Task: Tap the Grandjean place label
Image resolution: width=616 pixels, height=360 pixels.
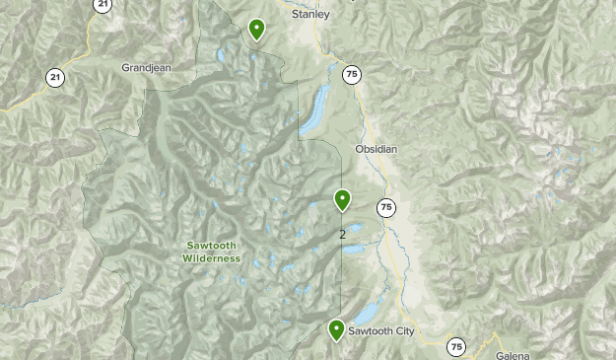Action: click(146, 68)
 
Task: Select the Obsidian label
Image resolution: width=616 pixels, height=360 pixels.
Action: click(376, 149)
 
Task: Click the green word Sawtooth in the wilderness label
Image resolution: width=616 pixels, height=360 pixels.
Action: click(211, 246)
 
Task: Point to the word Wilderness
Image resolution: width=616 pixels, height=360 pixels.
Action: click(211, 258)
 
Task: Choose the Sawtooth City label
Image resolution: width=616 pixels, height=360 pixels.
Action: click(380, 331)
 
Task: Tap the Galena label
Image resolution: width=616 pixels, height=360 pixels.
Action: click(512, 355)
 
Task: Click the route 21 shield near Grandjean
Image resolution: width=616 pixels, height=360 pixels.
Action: click(55, 77)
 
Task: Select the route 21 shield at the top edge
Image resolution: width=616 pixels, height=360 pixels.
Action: click(103, 4)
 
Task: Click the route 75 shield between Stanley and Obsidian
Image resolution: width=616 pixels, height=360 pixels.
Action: click(352, 74)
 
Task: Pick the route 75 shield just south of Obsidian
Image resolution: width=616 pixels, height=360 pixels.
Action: click(385, 207)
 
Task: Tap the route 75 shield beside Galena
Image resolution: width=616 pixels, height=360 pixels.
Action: click(455, 346)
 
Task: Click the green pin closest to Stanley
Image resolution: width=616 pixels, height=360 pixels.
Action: click(257, 30)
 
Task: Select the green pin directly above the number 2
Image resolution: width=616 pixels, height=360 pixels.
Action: click(342, 200)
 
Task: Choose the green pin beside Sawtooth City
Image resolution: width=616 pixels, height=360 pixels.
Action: click(336, 329)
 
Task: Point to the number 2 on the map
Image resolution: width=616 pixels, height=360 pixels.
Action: click(342, 235)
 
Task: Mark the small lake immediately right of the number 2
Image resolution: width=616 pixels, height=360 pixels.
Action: click(355, 229)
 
